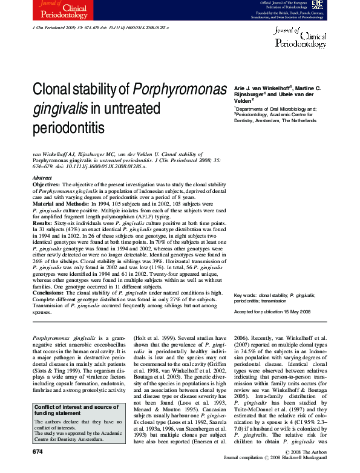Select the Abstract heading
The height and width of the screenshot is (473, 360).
42,178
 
